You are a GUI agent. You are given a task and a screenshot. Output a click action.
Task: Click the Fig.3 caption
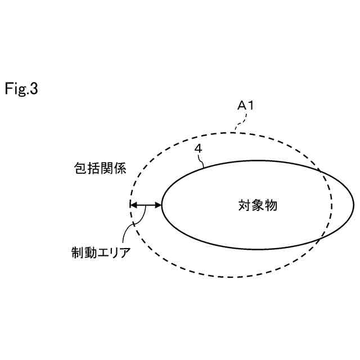21,89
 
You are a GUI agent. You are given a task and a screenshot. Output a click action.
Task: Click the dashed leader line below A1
240,123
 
